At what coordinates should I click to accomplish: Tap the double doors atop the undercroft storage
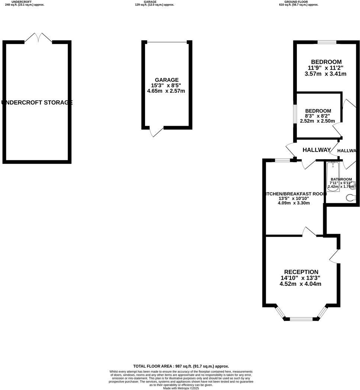pyautogui.click(x=38, y=38)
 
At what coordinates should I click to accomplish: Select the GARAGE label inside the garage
pyautogui.click(x=167, y=80)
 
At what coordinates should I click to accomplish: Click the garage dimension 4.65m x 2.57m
pyautogui.click(x=167, y=91)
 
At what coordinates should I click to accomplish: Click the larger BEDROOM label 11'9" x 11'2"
pyautogui.click(x=326, y=62)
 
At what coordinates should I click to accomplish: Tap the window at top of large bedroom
pyautogui.click(x=327, y=42)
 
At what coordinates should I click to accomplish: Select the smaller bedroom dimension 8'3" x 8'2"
pyautogui.click(x=318, y=116)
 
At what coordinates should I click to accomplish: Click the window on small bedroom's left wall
pyautogui.click(x=295, y=113)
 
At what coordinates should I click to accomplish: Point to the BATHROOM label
pyautogui.click(x=341, y=179)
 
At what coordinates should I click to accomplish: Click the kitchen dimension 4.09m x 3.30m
pyautogui.click(x=294, y=203)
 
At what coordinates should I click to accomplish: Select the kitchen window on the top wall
pyautogui.click(x=282, y=160)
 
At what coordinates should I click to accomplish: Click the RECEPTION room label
pyautogui.click(x=301, y=272)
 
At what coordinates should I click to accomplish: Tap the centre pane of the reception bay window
pyautogui.click(x=301, y=319)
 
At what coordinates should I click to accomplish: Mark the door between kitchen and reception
pyautogui.click(x=309, y=232)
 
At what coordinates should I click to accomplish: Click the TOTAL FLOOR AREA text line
pyautogui.click(x=181, y=366)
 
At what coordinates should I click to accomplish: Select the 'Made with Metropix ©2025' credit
pyautogui.click(x=181, y=388)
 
